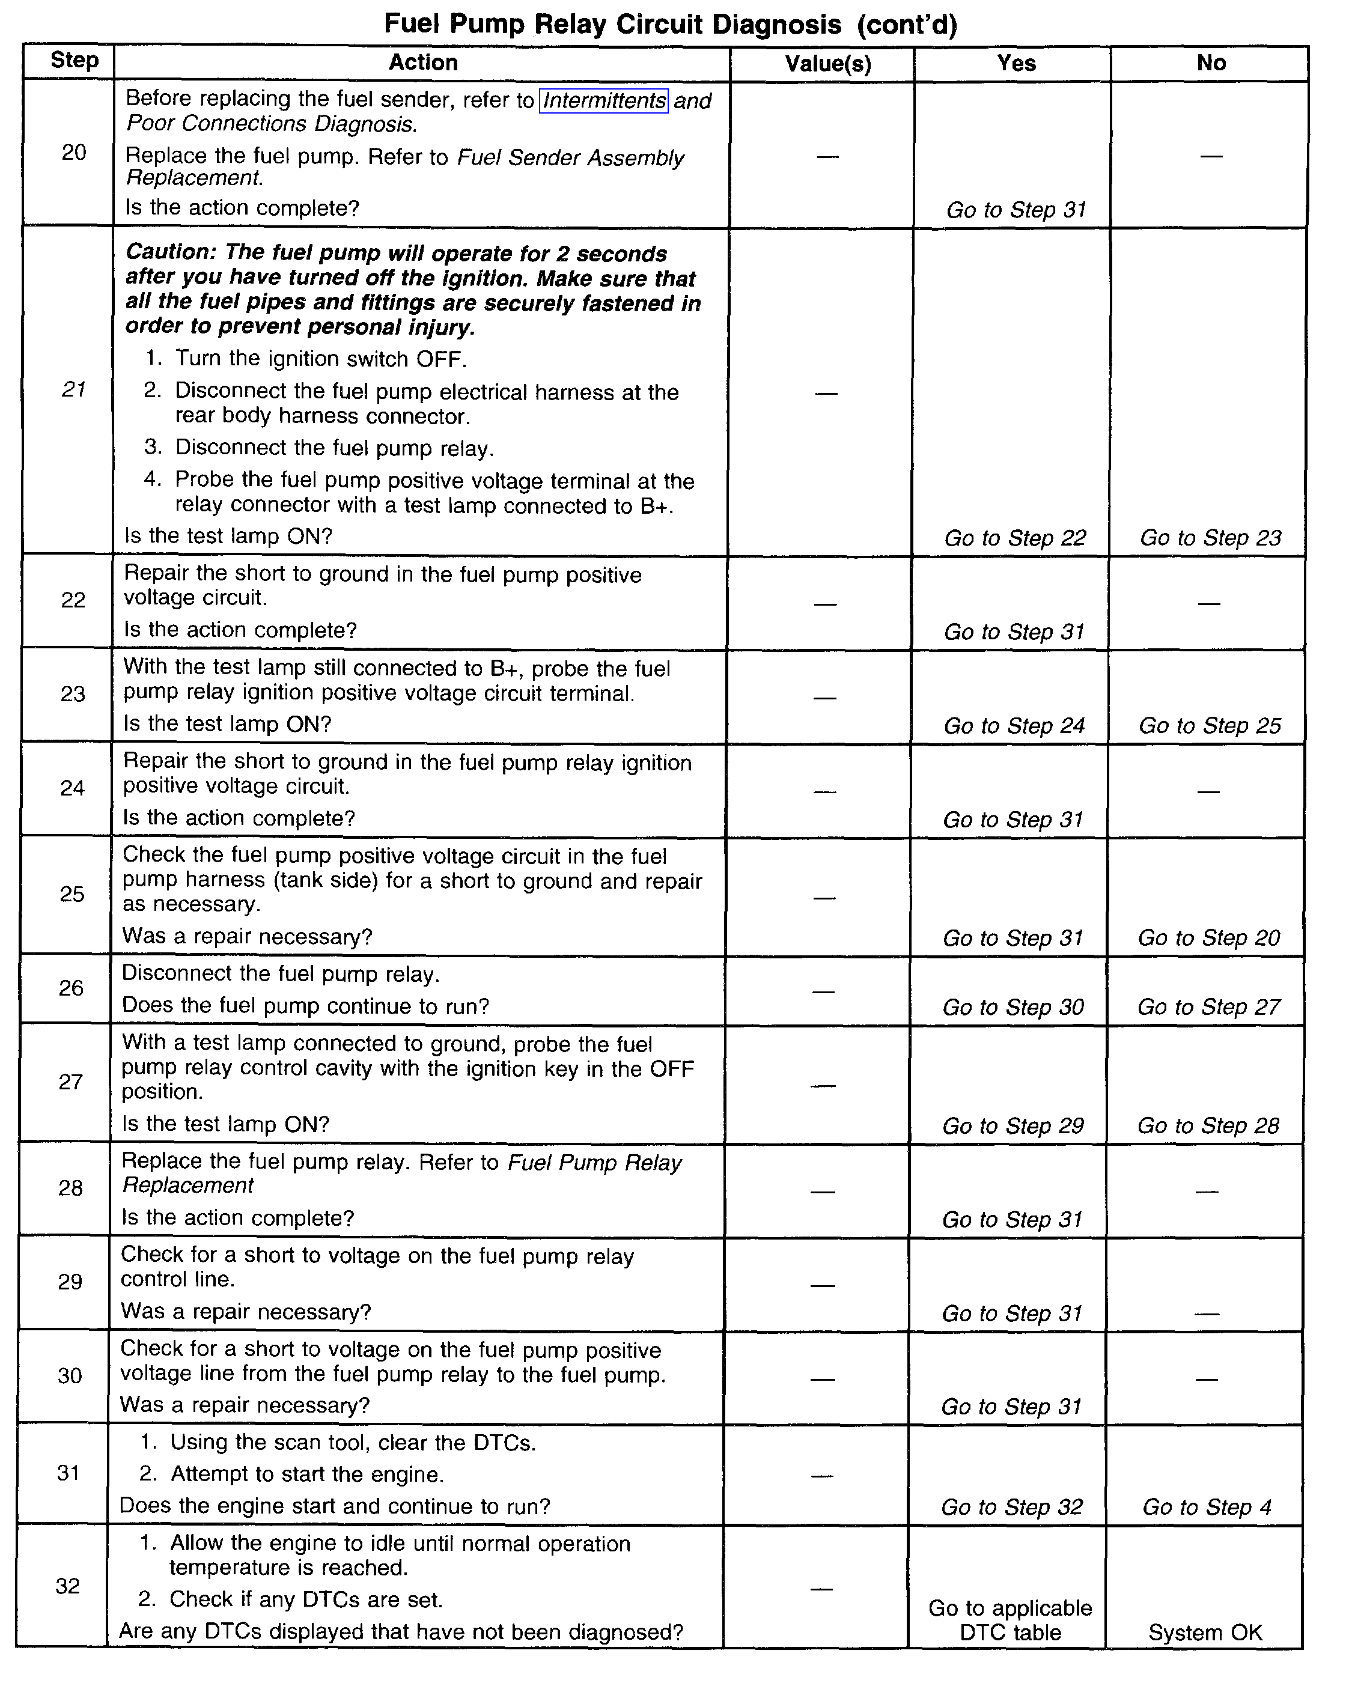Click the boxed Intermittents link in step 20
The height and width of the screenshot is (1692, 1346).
point(603,100)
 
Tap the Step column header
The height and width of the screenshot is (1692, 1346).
point(75,61)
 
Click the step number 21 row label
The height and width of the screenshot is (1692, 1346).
point(74,389)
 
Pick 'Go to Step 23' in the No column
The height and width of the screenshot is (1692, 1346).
point(1210,538)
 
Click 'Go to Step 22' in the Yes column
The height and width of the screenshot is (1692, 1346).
point(1015,538)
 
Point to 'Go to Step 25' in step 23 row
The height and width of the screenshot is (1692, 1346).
point(1210,725)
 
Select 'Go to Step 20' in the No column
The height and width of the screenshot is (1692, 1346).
point(1208,938)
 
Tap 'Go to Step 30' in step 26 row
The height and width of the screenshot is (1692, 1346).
point(1013,1007)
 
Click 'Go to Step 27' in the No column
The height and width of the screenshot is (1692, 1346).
point(1208,1007)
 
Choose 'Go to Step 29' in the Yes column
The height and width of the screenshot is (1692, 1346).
point(1013,1126)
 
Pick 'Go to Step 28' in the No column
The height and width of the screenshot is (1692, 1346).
point(1208,1126)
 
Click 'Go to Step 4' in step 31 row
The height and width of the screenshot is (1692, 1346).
point(1207,1507)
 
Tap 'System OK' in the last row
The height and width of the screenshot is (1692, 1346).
point(1205,1633)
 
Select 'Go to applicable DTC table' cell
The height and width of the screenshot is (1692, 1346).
point(1010,1620)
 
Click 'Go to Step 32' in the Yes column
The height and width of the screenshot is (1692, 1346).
point(1012,1507)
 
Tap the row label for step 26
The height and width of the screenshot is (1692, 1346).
point(72,988)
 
